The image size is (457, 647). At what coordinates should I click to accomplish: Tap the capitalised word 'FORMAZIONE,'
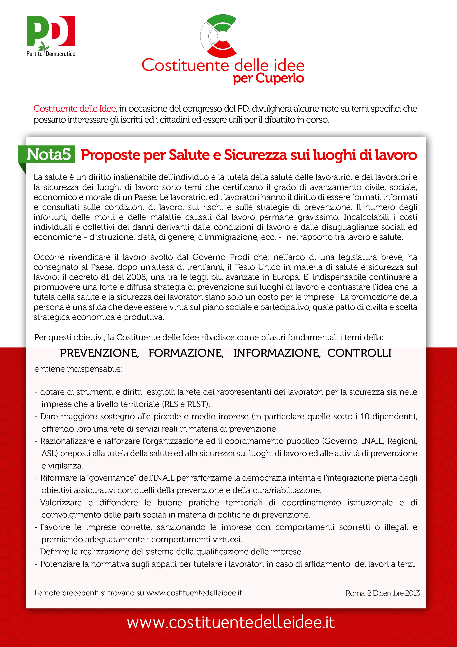pyautogui.click(x=186, y=353)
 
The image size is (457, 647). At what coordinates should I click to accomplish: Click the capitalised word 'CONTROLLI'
pyautogui.click(x=359, y=353)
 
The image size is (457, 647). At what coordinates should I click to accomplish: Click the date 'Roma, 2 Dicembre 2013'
pyautogui.click(x=382, y=593)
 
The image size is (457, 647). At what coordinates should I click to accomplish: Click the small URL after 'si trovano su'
pyautogui.click(x=194, y=593)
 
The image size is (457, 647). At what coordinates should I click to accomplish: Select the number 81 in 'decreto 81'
pyautogui.click(x=105, y=277)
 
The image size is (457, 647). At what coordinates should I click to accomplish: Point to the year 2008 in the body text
pyautogui.click(x=136, y=277)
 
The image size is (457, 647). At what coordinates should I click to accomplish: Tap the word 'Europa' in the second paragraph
pyautogui.click(x=285, y=277)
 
